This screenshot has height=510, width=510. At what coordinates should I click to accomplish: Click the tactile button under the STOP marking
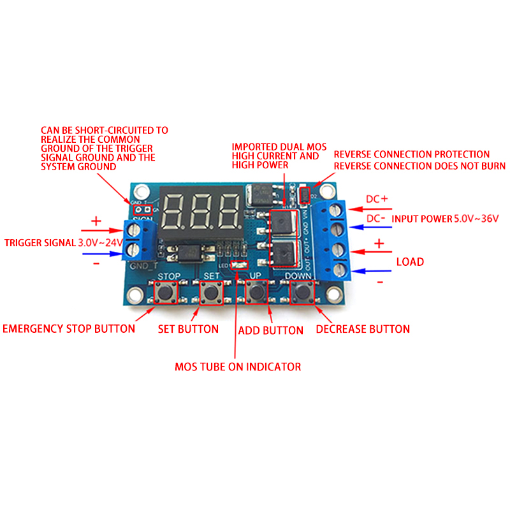pyautogui.click(x=166, y=293)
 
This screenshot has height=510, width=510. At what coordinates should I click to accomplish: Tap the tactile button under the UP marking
pyautogui.click(x=257, y=293)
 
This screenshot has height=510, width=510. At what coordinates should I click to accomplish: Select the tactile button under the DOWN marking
pyautogui.click(x=302, y=293)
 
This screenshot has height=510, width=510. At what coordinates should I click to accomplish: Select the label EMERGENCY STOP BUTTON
pyautogui.click(x=69, y=329)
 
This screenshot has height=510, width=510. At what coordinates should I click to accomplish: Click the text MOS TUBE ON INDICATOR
pyautogui.click(x=238, y=367)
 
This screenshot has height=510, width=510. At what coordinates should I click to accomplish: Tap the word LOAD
pyautogui.click(x=411, y=262)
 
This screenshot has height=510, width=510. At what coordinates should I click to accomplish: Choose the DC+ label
pyautogui.click(x=377, y=200)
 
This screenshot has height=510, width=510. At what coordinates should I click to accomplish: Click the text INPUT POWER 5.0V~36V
pyautogui.click(x=445, y=219)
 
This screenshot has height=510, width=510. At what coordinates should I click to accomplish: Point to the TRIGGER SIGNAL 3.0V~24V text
pyautogui.click(x=64, y=243)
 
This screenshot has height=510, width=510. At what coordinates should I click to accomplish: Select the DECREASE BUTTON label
pyautogui.click(x=363, y=329)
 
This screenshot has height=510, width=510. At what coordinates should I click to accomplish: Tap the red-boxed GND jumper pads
pyautogui.click(x=142, y=208)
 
